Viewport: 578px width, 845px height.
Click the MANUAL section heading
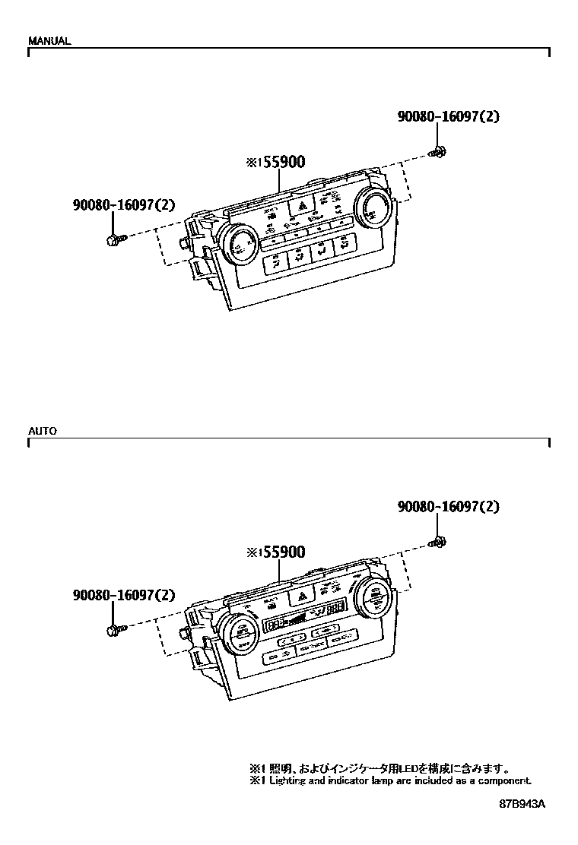pyautogui.click(x=49, y=41)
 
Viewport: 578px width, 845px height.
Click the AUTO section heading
pyautogui.click(x=43, y=431)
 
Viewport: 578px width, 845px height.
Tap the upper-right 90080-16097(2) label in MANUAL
pyautogui.click(x=448, y=117)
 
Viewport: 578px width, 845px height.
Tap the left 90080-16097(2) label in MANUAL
pyautogui.click(x=124, y=204)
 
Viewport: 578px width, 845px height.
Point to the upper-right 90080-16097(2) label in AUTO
pyautogui.click(x=448, y=507)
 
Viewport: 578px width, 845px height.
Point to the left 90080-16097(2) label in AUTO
pyautogui.click(x=124, y=596)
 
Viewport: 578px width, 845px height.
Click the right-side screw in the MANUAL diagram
pyautogui.click(x=438, y=152)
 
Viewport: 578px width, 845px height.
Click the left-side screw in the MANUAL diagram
pyautogui.click(x=113, y=240)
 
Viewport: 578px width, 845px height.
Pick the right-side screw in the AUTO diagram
pyautogui.click(x=438, y=542)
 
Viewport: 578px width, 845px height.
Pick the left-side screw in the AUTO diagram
pyautogui.click(x=113, y=630)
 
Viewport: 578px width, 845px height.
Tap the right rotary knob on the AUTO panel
pyautogui.click(x=372, y=597)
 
